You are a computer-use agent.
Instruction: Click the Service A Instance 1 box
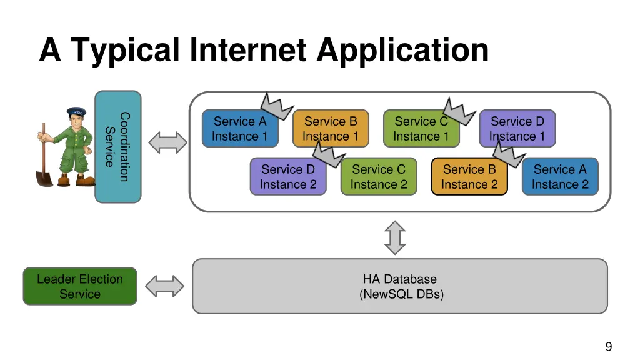click(239, 129)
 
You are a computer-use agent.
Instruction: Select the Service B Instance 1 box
click(330, 129)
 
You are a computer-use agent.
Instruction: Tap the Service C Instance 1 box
click(421, 129)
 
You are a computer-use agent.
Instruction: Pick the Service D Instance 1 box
click(517, 129)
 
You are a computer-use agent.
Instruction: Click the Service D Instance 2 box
click(288, 177)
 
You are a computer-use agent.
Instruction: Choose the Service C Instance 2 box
click(379, 177)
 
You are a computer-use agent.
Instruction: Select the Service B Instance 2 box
click(469, 177)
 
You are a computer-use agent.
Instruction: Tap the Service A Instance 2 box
click(560, 177)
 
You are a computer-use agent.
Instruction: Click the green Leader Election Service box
click(80, 287)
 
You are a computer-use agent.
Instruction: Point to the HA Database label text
click(400, 279)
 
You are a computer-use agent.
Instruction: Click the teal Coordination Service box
click(117, 147)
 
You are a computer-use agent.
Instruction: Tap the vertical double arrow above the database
click(395, 237)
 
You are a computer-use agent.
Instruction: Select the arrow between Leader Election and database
click(165, 287)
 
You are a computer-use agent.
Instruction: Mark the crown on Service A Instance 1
click(276, 106)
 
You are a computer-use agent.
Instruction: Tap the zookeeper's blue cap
click(76, 112)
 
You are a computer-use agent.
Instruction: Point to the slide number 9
click(608, 347)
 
